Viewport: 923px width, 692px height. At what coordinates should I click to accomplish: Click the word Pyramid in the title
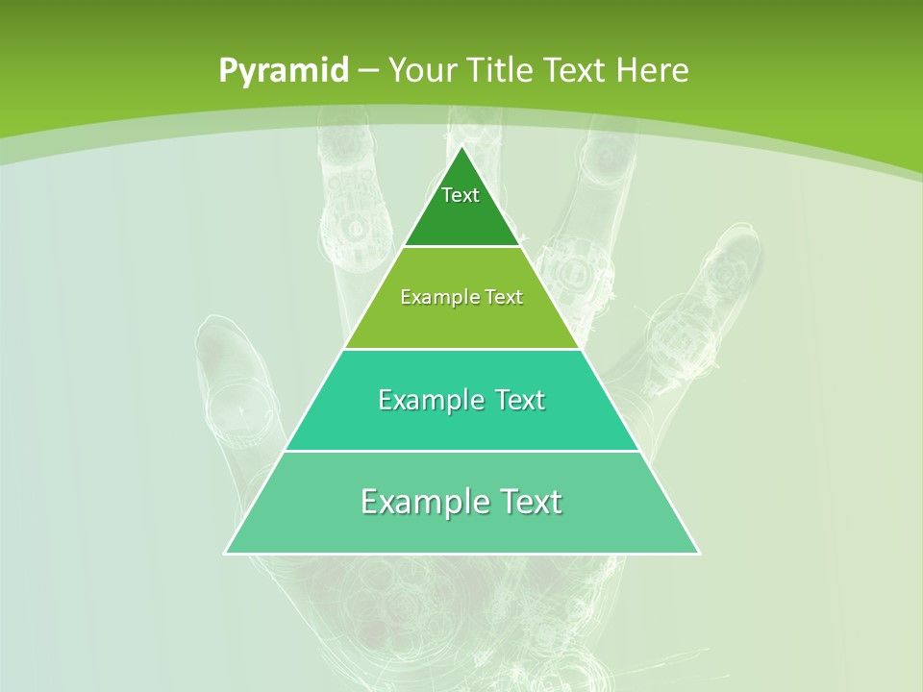tap(284, 71)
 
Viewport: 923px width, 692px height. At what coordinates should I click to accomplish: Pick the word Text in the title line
tap(576, 70)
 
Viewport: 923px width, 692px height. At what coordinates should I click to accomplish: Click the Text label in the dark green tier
tap(461, 195)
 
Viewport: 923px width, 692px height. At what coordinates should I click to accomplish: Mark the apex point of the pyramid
tap(461, 147)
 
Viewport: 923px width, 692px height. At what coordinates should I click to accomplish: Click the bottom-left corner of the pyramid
tap(225, 554)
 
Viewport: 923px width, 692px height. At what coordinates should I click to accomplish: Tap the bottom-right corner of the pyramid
tap(699, 554)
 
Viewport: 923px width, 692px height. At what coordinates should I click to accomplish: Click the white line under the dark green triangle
tap(461, 247)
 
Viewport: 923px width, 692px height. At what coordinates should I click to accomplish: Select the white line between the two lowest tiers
tap(461, 451)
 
